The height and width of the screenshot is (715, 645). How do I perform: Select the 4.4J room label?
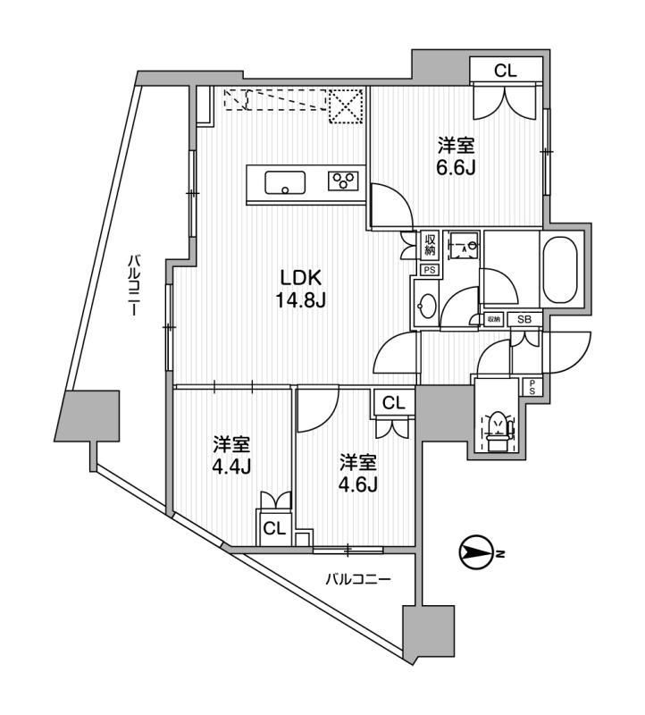[230, 456]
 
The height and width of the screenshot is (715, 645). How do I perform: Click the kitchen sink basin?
[285, 181]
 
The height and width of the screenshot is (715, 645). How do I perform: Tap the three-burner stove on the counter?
[342, 181]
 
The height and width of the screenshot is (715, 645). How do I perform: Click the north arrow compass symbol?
[477, 553]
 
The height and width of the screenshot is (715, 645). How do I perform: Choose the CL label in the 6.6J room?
[507, 70]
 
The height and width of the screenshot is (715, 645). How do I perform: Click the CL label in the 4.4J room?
[272, 528]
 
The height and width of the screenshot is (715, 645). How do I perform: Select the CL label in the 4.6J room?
[393, 403]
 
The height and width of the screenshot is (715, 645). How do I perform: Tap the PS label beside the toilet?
[532, 385]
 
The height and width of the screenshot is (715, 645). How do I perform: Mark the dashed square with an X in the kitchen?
[344, 105]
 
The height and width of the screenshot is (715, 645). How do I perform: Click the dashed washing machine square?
[463, 245]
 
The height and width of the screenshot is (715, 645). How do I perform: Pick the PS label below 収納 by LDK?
[430, 269]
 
